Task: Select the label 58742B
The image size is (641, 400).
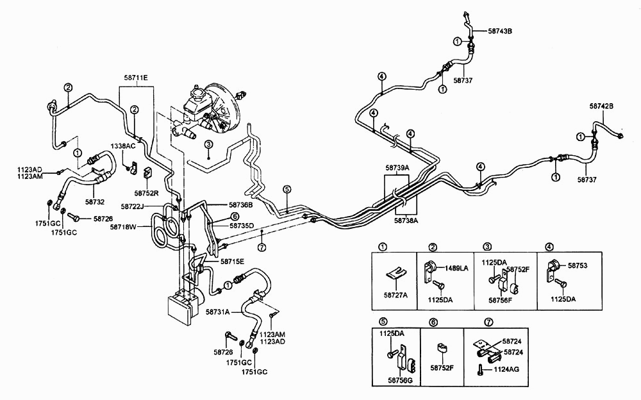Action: click(601, 106)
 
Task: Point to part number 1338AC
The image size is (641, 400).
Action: click(123, 146)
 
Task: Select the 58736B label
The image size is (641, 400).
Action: click(241, 205)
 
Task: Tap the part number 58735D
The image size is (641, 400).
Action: click(242, 225)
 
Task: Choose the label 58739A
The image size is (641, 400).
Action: click(398, 167)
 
